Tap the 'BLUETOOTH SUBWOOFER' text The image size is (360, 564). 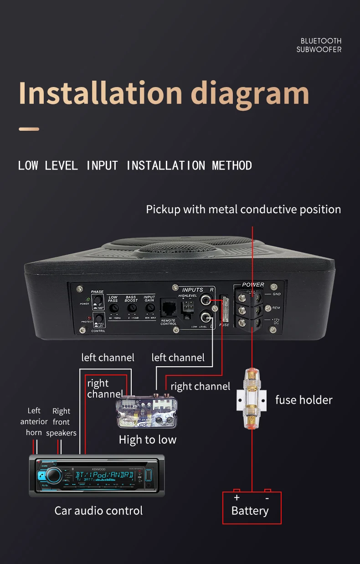coord(319,45)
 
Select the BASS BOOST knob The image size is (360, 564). coord(131,308)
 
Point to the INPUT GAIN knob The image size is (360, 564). coord(149,308)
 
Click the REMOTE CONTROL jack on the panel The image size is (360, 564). coord(169,308)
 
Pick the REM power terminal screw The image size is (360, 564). coord(254,310)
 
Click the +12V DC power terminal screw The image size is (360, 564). coord(254,323)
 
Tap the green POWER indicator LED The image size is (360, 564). coord(87,299)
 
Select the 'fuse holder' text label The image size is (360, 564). coord(304,400)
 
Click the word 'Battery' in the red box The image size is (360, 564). coord(250,511)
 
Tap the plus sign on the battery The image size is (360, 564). coord(237,498)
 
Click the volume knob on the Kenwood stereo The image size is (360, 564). coord(53,475)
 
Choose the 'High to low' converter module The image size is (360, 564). coord(147,412)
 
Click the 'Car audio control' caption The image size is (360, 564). coord(98,511)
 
